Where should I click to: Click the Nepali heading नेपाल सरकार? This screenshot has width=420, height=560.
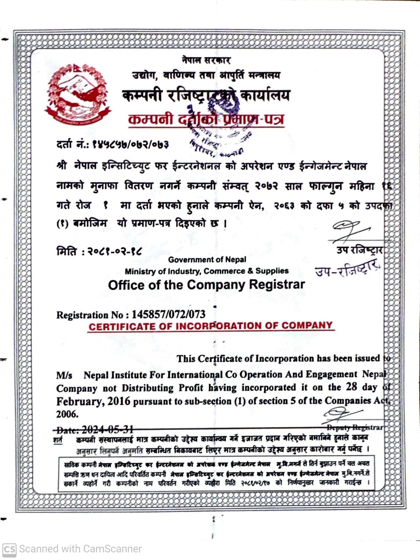click(206, 60)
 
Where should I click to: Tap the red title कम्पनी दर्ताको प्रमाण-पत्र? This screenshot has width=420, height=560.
click(206, 119)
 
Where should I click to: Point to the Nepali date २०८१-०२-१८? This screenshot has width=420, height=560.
click(114, 251)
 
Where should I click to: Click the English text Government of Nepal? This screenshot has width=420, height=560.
click(207, 259)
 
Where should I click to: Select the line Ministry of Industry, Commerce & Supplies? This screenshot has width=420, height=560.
click(207, 271)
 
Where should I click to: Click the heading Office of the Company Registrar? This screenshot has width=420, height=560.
click(206, 285)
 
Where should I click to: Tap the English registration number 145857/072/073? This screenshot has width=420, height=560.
click(168, 314)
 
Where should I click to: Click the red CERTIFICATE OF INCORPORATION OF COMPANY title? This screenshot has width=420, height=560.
click(211, 326)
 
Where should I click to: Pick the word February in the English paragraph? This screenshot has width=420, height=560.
click(79, 401)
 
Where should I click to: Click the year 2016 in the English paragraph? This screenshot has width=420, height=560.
click(118, 401)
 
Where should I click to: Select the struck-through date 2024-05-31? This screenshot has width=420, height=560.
click(107, 430)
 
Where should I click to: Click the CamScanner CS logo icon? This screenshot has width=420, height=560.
click(9, 549)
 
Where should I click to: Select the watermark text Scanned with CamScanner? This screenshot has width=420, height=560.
click(80, 549)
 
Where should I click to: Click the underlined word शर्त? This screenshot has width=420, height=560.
click(58, 440)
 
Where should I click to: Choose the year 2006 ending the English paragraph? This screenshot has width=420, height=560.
click(67, 414)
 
